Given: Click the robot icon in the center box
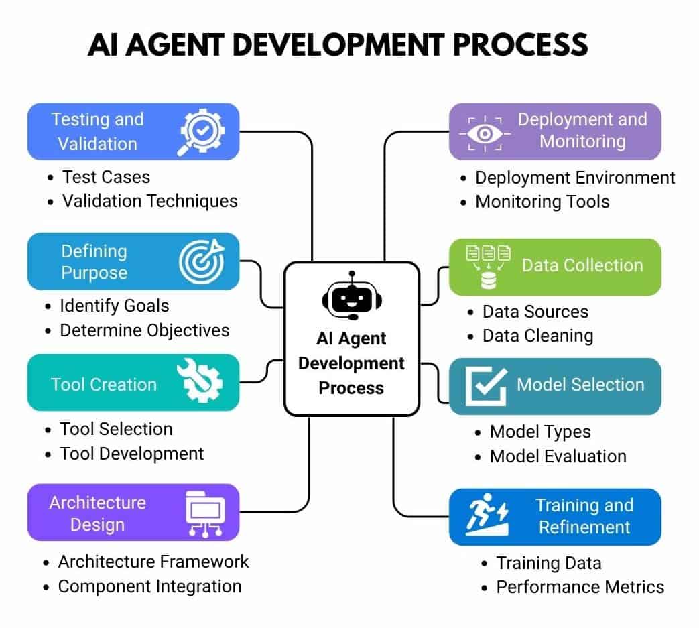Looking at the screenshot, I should click(x=351, y=296).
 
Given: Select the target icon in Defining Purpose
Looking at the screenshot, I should click(x=202, y=261).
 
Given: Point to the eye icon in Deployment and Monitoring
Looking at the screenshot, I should click(x=485, y=132).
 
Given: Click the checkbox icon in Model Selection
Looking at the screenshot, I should click(x=485, y=385).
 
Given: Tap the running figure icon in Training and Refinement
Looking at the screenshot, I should click(x=487, y=516).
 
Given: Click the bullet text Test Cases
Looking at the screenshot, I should click(x=106, y=177).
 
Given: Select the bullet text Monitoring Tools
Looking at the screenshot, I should click(x=542, y=202).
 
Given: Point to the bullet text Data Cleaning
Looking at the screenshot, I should click(x=537, y=335).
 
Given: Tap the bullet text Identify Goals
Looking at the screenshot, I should click(x=114, y=306).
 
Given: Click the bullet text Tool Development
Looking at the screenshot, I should click(x=131, y=454).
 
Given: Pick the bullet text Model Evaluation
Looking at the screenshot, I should click(x=558, y=456).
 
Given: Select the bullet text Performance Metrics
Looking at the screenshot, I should click(x=580, y=587).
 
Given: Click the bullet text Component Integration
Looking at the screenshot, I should click(x=149, y=586).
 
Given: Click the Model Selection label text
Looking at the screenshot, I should click(x=580, y=385).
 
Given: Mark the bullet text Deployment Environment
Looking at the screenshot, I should click(x=575, y=178).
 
